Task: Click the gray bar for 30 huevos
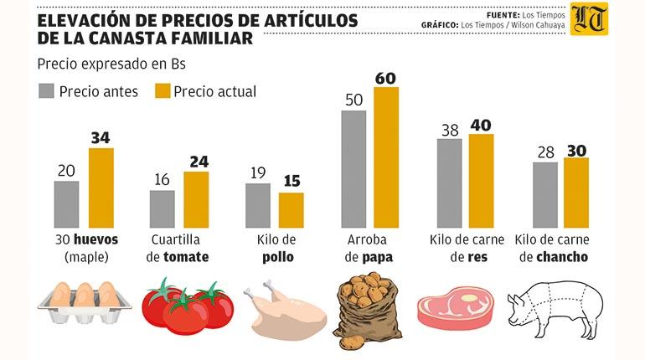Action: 67,204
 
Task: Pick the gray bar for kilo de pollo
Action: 258,205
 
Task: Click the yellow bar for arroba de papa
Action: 386,157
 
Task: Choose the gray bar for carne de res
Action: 449,183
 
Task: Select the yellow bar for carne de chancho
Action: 576,193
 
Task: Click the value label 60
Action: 386,78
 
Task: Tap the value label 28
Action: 544,153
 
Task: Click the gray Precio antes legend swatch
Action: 46,91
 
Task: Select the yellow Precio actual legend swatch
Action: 160,91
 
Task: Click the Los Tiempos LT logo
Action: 589,19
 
